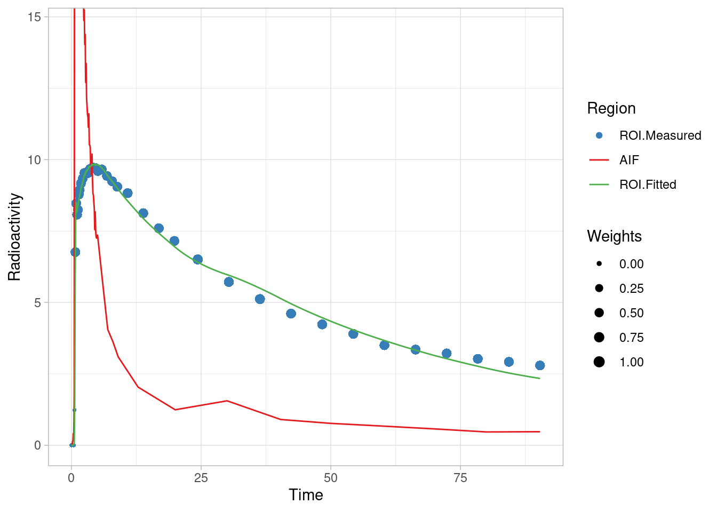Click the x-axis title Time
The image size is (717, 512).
(x=306, y=495)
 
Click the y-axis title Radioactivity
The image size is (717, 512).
(x=14, y=237)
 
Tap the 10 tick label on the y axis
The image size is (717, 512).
(x=34, y=160)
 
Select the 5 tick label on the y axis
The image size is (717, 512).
(x=37, y=303)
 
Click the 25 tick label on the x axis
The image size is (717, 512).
(x=201, y=478)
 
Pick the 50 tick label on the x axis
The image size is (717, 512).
(x=331, y=478)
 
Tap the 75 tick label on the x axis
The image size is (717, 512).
(x=460, y=478)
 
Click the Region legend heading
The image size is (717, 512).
(x=611, y=108)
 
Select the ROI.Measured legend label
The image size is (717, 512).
(x=660, y=135)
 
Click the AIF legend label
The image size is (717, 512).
(x=629, y=160)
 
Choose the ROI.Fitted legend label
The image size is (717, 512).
(x=648, y=185)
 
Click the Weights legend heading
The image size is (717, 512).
(x=614, y=236)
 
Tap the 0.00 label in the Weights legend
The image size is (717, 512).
(x=631, y=264)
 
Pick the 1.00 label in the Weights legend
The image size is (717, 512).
(x=631, y=362)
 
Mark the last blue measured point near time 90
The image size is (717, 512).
(x=540, y=365)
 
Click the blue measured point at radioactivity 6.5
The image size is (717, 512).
(x=197, y=259)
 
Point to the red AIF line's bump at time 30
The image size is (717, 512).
(x=227, y=401)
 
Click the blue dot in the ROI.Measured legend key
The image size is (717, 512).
(x=599, y=135)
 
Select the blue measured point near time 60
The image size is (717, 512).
(x=384, y=345)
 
